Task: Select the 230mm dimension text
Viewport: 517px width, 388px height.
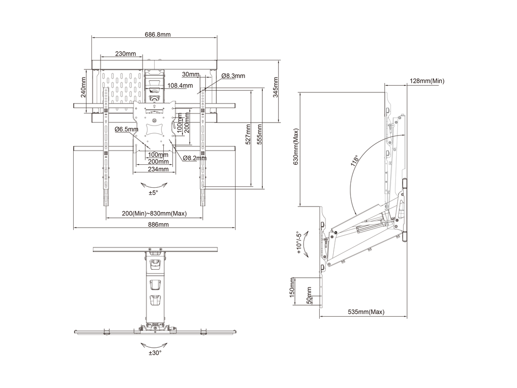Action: point(125,54)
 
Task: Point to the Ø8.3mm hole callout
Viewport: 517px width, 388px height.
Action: point(233,76)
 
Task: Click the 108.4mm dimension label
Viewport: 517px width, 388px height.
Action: point(180,86)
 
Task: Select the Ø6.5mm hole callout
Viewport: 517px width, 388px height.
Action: point(126,129)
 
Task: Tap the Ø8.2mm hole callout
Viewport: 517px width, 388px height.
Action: point(194,158)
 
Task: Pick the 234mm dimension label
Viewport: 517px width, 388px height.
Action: point(158,169)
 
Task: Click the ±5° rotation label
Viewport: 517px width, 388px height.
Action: point(153,193)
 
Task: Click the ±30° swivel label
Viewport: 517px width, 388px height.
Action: point(155,353)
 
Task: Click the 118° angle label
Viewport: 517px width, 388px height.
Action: point(355,160)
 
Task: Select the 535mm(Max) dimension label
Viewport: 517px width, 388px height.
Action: point(366,312)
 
